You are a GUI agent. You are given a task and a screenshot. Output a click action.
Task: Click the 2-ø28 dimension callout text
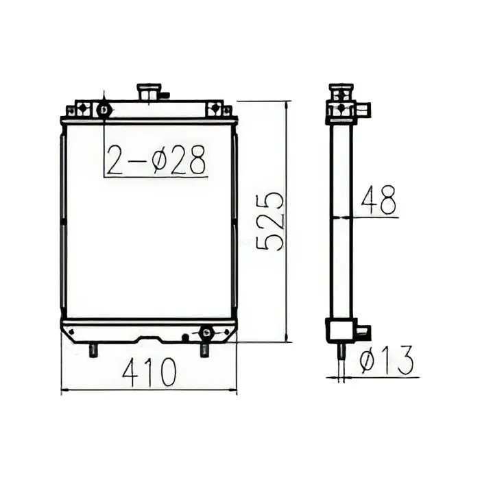[156, 160]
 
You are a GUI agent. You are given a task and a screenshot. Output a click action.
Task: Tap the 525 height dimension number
[270, 221]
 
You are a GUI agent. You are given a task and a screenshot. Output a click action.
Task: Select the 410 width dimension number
[149, 372]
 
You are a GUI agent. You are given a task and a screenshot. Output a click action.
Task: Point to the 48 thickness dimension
[379, 200]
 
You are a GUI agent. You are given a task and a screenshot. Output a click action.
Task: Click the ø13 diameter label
[387, 361]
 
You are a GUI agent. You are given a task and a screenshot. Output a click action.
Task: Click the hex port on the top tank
[104, 109]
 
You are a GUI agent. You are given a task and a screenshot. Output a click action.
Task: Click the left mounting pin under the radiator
[93, 350]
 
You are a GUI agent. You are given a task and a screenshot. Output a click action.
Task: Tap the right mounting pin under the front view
[204, 350]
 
